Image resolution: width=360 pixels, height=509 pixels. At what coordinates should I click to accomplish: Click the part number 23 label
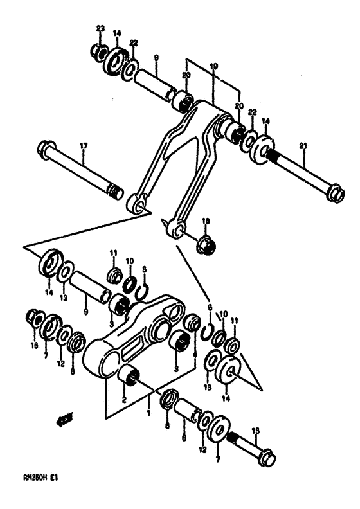[x=100, y=28]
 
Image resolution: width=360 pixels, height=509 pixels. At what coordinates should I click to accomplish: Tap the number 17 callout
[x=82, y=147]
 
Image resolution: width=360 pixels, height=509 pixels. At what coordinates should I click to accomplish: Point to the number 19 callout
[x=213, y=66]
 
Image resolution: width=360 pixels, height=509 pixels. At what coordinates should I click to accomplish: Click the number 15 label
[x=256, y=431]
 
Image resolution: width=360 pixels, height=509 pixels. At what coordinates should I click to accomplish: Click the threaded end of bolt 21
[x=280, y=157]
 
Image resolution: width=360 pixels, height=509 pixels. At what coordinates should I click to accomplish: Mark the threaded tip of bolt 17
[x=114, y=191]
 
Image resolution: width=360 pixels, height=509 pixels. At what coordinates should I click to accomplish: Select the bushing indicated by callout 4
[x=191, y=321]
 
